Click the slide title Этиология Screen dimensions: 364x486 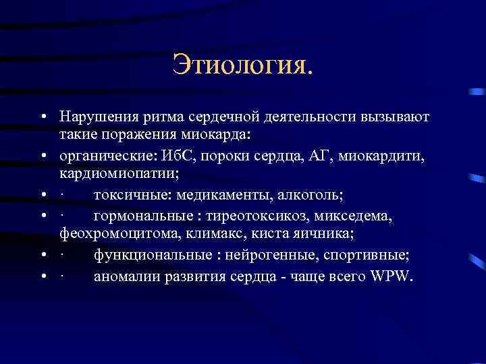(243, 65)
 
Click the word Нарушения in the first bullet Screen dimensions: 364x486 (94, 117)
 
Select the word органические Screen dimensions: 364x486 (107, 157)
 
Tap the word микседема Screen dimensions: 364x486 (350, 218)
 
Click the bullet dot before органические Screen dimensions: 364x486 (42, 157)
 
